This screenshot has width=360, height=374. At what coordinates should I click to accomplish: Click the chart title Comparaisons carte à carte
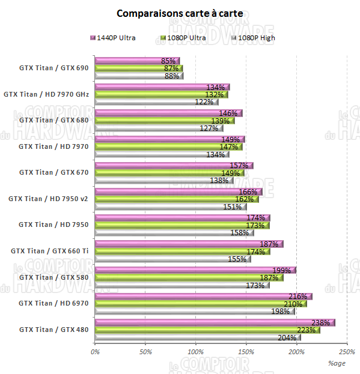(x=180, y=13)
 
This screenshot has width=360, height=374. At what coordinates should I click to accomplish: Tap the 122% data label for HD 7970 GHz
(x=204, y=102)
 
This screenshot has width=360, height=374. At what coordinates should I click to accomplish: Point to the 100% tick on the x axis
(x=195, y=351)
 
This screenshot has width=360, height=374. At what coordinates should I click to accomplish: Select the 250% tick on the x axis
(x=347, y=351)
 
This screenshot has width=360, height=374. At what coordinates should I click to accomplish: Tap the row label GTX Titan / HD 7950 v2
(x=48, y=199)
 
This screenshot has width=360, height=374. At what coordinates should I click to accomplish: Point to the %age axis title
(x=337, y=363)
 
